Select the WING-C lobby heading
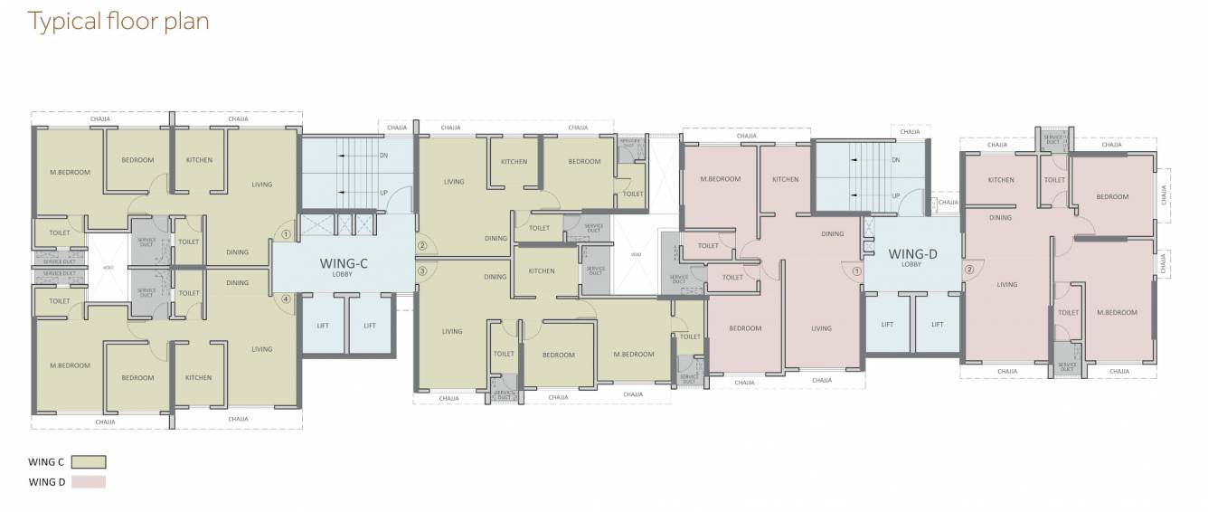(342, 264)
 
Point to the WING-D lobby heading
(912, 253)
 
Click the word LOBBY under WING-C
(342, 275)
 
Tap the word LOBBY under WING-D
(911, 265)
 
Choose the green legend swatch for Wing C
(88, 462)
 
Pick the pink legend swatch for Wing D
(88, 482)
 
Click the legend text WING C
(46, 462)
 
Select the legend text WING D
(46, 482)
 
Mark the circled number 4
(286, 299)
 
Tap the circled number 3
(421, 270)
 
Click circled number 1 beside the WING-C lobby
(286, 233)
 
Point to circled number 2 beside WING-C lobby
(421, 245)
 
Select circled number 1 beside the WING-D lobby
(854, 268)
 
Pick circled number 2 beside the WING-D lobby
(968, 268)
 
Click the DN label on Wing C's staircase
(383, 156)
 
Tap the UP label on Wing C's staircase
(383, 192)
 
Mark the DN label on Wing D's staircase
(896, 160)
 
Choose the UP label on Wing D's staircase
(896, 195)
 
